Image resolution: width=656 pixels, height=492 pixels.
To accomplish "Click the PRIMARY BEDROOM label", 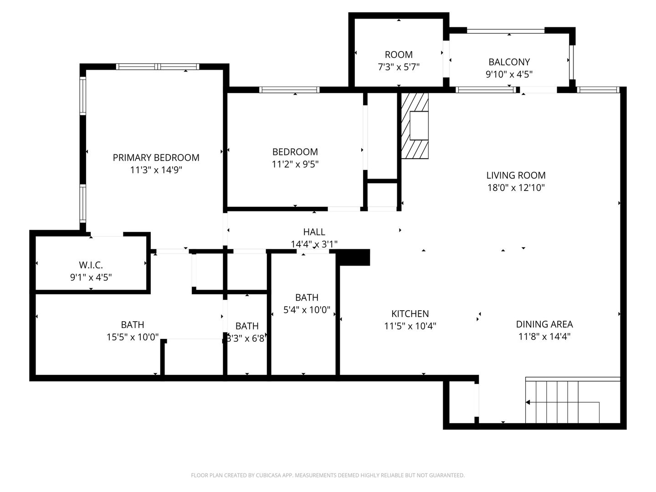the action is [156, 158].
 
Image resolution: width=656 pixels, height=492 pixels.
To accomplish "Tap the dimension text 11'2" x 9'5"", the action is [295, 164].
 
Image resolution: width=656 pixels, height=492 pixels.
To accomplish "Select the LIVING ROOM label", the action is [516, 175].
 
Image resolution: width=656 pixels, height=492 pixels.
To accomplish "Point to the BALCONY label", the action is [509, 62].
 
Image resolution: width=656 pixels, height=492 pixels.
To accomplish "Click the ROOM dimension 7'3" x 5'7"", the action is [398, 67].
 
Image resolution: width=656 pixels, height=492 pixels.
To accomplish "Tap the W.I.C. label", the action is [91, 265].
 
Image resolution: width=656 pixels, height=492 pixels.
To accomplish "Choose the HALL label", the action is [314, 232].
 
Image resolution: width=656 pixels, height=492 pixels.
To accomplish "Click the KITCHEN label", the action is [410, 314].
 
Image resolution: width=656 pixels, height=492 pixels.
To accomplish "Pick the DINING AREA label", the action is [544, 324].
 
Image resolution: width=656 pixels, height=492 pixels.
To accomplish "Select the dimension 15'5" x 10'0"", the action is [133, 337].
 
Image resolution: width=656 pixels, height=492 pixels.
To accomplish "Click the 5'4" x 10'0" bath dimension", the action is [307, 310].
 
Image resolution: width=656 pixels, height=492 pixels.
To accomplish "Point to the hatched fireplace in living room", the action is [415, 126].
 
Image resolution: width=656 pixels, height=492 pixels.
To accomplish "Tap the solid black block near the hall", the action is [353, 257].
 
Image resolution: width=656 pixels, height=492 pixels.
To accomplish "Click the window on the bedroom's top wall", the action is [289, 90].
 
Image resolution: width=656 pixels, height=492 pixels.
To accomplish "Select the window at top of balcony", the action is [506, 31].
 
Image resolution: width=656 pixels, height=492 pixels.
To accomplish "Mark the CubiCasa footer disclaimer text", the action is [328, 475].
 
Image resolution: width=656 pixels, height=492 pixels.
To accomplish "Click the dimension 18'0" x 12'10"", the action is [516, 188].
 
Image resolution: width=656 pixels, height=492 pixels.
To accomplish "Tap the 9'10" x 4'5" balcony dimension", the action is [509, 74].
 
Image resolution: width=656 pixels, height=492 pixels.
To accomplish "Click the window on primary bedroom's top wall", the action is [158, 67].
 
